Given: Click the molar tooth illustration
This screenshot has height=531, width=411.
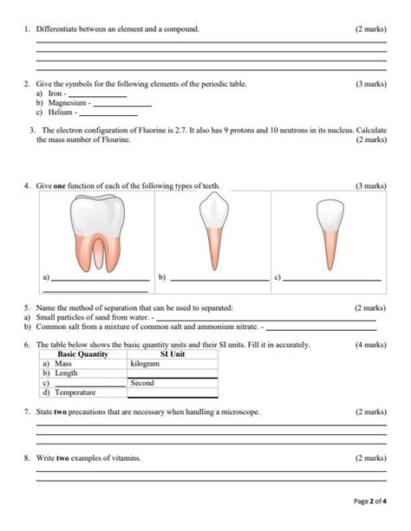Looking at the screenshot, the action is [95, 232].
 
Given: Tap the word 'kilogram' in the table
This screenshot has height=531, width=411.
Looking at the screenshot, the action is [145, 364].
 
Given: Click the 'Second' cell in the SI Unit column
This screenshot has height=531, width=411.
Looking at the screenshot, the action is [142, 382].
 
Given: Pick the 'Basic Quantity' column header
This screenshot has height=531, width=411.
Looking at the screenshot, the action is [82, 354].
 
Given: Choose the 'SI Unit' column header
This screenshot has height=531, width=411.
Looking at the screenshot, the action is [173, 354].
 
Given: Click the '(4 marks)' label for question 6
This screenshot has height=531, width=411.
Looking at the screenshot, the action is [370, 345].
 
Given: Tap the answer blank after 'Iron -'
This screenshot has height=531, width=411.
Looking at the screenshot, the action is [97, 94].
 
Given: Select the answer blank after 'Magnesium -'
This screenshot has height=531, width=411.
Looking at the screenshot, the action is [122, 104].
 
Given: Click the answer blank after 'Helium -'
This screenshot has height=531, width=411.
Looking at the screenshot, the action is [108, 113].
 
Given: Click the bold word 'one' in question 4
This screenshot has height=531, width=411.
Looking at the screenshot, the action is [60, 186].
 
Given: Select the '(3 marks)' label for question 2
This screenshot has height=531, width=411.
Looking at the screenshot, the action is [370, 84].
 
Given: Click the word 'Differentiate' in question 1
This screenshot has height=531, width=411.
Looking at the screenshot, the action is [58, 29].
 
